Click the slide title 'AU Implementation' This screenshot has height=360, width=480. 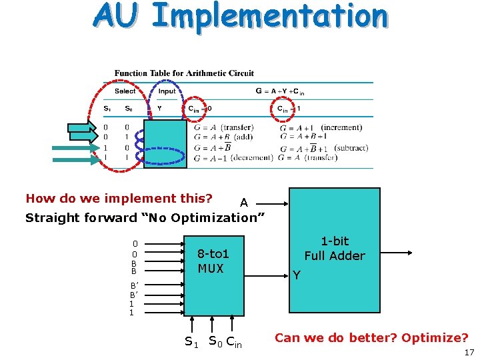(x=240, y=17)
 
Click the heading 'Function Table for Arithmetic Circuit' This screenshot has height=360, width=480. (x=184, y=73)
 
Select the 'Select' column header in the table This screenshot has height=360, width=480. (x=125, y=91)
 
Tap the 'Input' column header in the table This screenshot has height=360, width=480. (x=167, y=91)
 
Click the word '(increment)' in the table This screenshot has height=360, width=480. (x=341, y=127)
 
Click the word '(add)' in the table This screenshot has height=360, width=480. (x=243, y=137)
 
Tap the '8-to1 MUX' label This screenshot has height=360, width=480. (x=213, y=261)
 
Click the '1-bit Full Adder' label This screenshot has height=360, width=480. (x=335, y=249)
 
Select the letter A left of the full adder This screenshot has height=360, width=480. (x=244, y=203)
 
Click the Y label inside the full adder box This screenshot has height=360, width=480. (x=297, y=275)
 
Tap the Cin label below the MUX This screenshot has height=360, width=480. (x=234, y=343)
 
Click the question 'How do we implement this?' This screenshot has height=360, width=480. (x=119, y=198)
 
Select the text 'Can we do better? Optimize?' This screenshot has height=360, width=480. (x=371, y=337)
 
